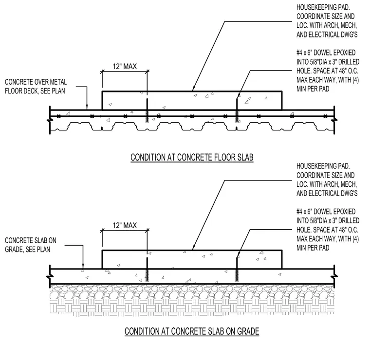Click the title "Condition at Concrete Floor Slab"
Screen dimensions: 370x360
[x=192, y=158]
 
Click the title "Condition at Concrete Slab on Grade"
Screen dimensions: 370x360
[x=192, y=331]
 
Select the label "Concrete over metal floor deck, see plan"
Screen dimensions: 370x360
[x=36, y=87]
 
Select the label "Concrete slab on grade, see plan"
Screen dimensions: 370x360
[x=31, y=245]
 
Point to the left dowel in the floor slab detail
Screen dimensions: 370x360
[x=147, y=110]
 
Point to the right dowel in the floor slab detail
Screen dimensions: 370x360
[x=237, y=110]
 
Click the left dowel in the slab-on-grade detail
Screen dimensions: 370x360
[x=147, y=269]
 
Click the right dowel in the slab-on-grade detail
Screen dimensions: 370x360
[x=237, y=269]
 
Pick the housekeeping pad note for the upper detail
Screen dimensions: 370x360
[x=327, y=21]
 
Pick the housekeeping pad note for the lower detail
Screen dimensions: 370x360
[x=327, y=180]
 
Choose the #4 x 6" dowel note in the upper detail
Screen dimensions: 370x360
[x=328, y=71]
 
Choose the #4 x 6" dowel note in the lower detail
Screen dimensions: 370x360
[x=328, y=230]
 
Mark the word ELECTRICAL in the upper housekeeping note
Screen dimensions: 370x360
[x=324, y=35]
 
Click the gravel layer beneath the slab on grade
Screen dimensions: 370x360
[x=192, y=292]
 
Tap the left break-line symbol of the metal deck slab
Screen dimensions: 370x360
[x=50, y=121]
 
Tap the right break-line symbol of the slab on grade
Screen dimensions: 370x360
[x=334, y=276]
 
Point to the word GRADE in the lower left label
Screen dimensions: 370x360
[x=14, y=250]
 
